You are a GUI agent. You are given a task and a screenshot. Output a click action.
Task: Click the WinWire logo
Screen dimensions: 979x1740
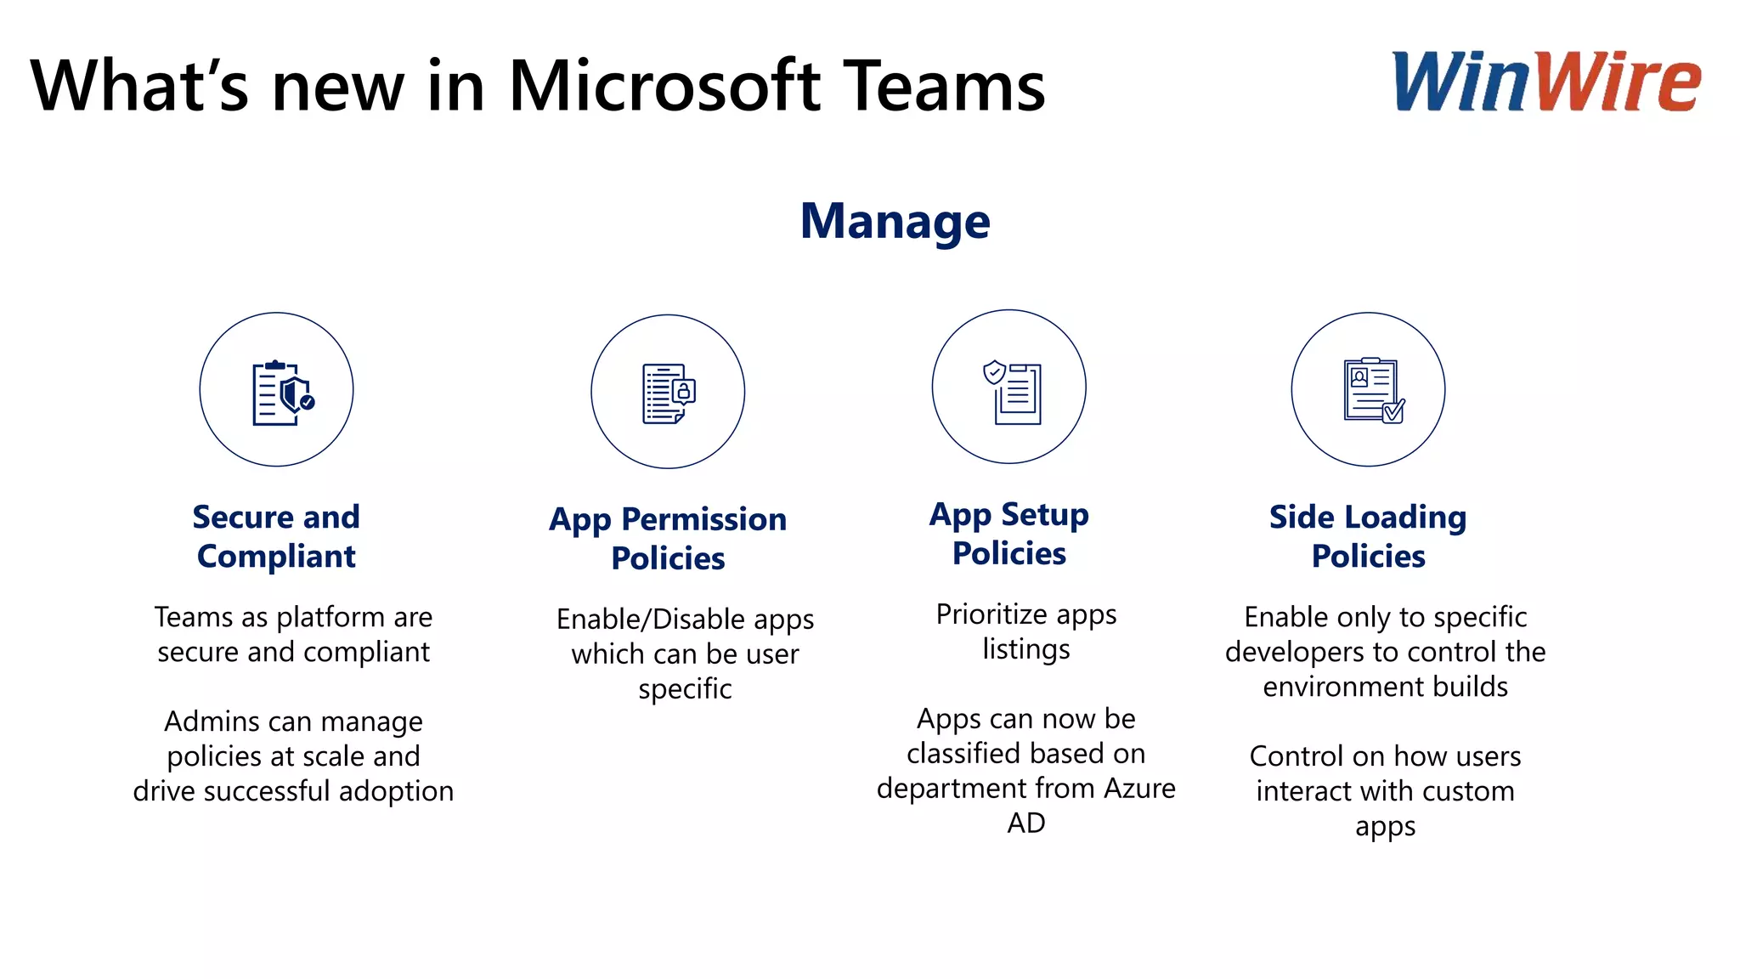pos(1546,82)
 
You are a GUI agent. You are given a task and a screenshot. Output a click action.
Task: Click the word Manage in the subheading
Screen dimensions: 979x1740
pos(895,221)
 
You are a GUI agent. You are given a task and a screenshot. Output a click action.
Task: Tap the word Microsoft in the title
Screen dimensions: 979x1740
pos(665,86)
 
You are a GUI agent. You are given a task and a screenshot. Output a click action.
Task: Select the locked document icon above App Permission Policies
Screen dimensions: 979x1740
pos(668,393)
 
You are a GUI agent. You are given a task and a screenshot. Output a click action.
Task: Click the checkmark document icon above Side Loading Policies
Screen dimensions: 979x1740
pos(1369,390)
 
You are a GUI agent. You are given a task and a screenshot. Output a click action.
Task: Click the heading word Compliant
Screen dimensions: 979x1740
pos(276,557)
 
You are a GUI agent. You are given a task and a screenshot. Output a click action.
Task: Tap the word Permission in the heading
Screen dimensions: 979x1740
pos(703,519)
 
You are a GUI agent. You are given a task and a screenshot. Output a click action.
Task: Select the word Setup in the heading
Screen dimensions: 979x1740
pos(1044,514)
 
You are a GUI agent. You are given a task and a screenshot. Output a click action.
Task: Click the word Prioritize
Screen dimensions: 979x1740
pos(991,614)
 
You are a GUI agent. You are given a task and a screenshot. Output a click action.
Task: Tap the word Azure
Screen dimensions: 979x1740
pos(1138,789)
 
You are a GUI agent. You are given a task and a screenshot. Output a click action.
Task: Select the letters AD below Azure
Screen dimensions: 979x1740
pos(1025,823)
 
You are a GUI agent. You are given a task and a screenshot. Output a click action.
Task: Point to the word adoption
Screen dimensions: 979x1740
pos(396,791)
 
